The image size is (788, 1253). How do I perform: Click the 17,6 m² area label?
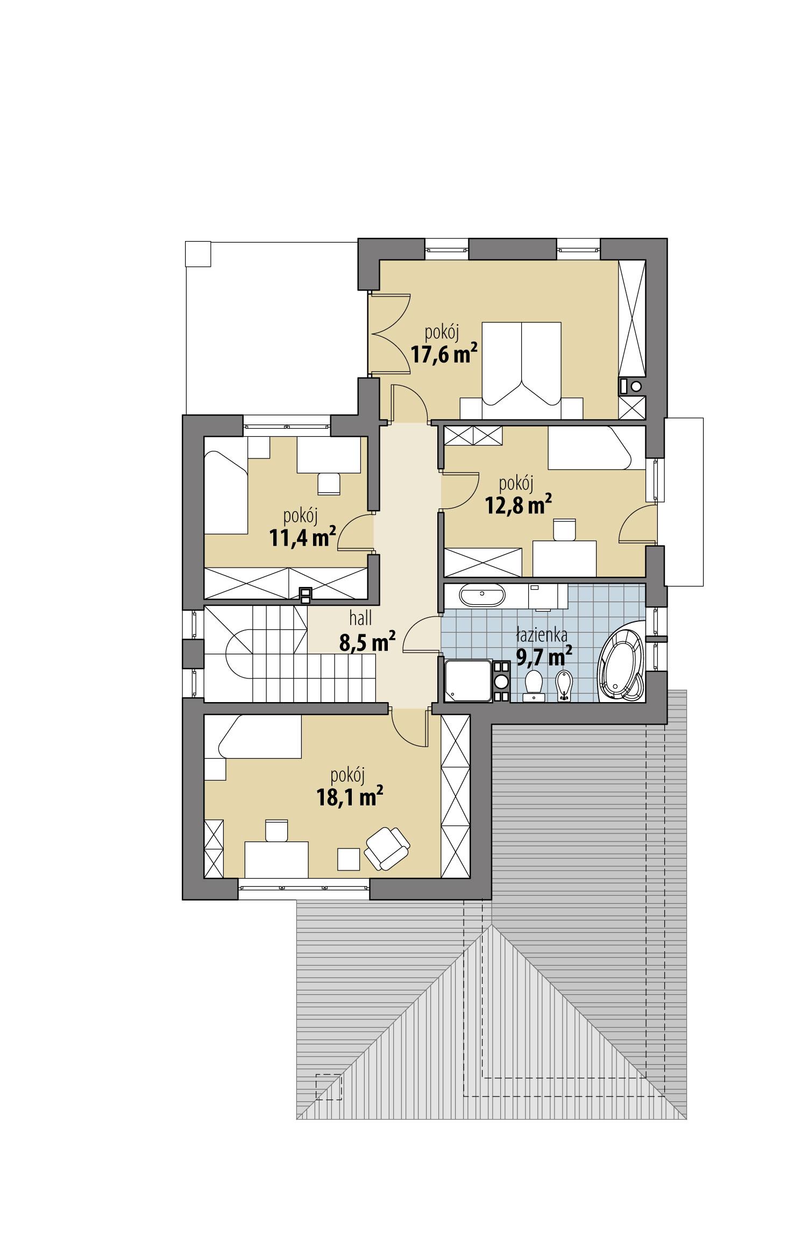click(x=444, y=355)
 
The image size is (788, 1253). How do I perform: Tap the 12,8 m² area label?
click(x=519, y=505)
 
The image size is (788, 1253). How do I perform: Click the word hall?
click(x=360, y=619)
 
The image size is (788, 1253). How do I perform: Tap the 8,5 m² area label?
click(x=367, y=642)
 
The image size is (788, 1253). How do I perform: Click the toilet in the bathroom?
click(x=534, y=684)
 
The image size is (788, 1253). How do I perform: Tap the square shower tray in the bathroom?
click(x=468, y=681)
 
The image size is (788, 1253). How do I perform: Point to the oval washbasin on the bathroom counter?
click(x=482, y=594)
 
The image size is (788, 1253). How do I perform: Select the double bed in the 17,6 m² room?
click(x=521, y=366)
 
